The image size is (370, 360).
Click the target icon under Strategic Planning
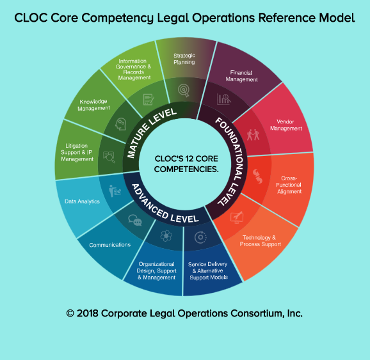click(184, 90)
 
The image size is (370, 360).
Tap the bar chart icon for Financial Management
click(223, 99)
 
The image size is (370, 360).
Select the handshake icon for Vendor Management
click(253, 135)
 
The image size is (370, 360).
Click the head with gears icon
click(120, 124)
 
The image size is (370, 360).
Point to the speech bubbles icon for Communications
click(135, 220)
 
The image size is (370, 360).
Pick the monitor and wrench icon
click(237, 217)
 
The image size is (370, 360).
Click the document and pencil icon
click(149, 99)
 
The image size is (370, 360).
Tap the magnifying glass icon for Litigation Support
click(109, 157)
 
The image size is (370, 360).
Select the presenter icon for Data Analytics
click(115, 191)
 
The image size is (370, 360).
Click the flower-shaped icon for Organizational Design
click(166, 235)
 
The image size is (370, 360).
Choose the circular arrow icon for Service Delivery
click(200, 237)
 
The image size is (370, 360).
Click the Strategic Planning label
click(184, 59)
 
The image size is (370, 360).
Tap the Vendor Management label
click(286, 125)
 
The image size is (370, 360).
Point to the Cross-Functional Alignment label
click(289, 185)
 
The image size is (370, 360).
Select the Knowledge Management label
click(93, 105)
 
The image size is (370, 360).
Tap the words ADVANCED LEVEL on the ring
click(163, 207)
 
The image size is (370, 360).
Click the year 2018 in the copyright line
click(87, 313)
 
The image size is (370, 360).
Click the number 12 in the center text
click(189, 159)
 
